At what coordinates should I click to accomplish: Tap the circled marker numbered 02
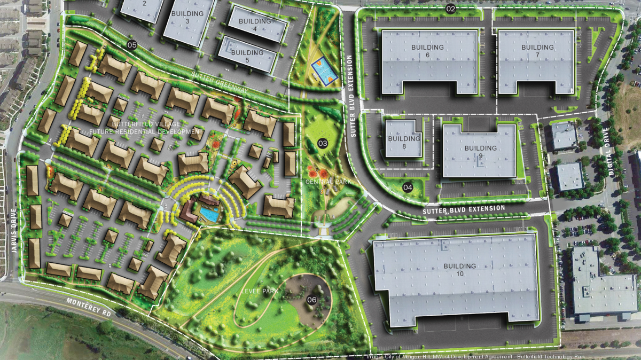point(451,8)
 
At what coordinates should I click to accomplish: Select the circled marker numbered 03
point(322,143)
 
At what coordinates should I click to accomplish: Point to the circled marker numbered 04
point(408,187)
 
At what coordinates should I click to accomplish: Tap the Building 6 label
point(427,51)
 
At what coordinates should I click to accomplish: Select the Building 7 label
point(537,51)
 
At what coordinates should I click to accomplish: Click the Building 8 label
point(404,142)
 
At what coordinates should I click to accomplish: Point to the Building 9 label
point(480,152)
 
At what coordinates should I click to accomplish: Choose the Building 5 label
point(247,57)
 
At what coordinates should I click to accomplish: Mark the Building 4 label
point(255,25)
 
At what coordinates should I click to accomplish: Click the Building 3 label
point(187,17)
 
